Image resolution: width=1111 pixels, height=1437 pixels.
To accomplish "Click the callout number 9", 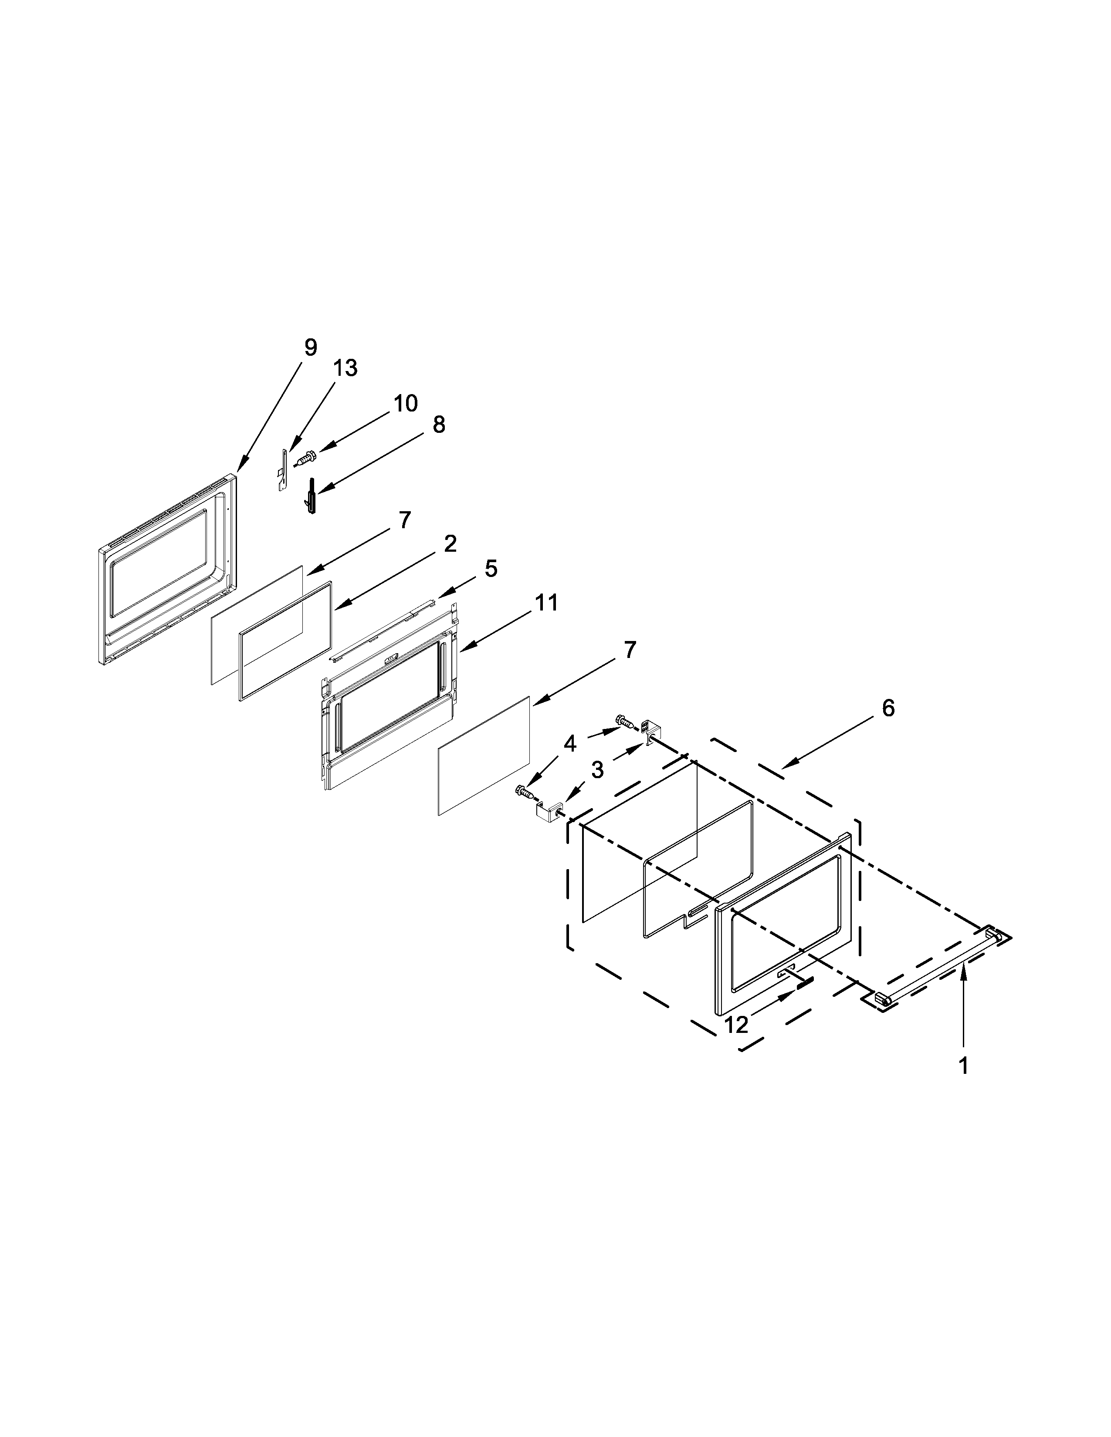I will pyautogui.click(x=311, y=347).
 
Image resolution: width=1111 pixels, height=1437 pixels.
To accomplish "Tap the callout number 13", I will pyautogui.click(x=345, y=368).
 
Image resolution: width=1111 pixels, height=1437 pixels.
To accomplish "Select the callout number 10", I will pyautogui.click(x=406, y=403).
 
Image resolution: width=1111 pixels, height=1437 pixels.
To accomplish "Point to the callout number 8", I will pyautogui.click(x=438, y=425).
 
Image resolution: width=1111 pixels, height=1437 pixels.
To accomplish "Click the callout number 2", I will pyautogui.click(x=450, y=543).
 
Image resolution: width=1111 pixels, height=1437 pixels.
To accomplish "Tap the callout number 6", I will pyautogui.click(x=888, y=708).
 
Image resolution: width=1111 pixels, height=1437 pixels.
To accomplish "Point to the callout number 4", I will pyautogui.click(x=570, y=744).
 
